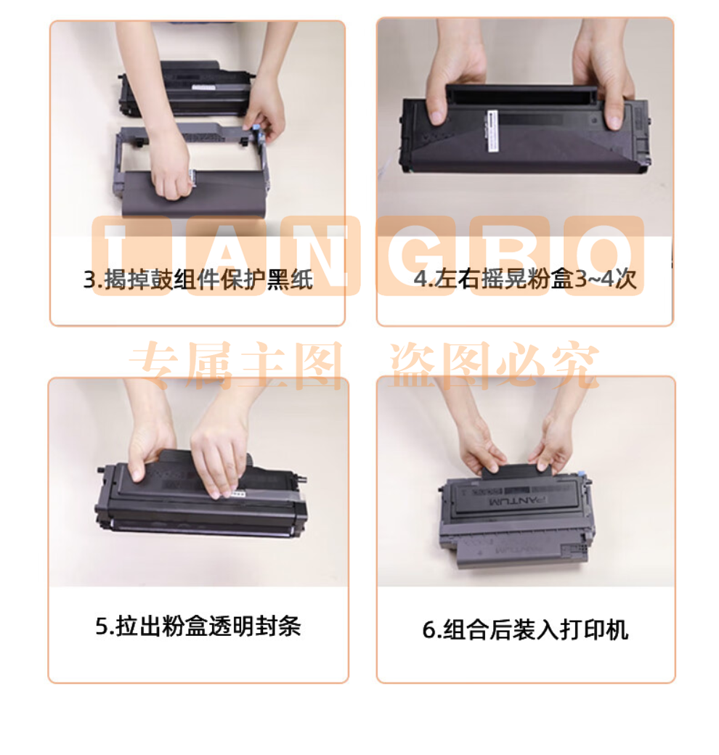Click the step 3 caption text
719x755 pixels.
[198, 279]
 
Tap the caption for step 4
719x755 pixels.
[525, 279]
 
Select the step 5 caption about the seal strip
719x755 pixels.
[198, 626]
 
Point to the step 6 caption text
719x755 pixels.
[525, 629]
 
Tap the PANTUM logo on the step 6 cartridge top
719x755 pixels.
[518, 501]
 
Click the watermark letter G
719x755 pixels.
[413, 256]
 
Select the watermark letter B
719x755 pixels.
[510, 256]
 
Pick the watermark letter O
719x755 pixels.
[604, 256]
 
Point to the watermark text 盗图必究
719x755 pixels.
[495, 365]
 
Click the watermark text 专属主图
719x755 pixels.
[236, 365]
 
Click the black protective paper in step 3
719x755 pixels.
[192, 195]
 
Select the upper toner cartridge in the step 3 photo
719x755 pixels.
[185, 89]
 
